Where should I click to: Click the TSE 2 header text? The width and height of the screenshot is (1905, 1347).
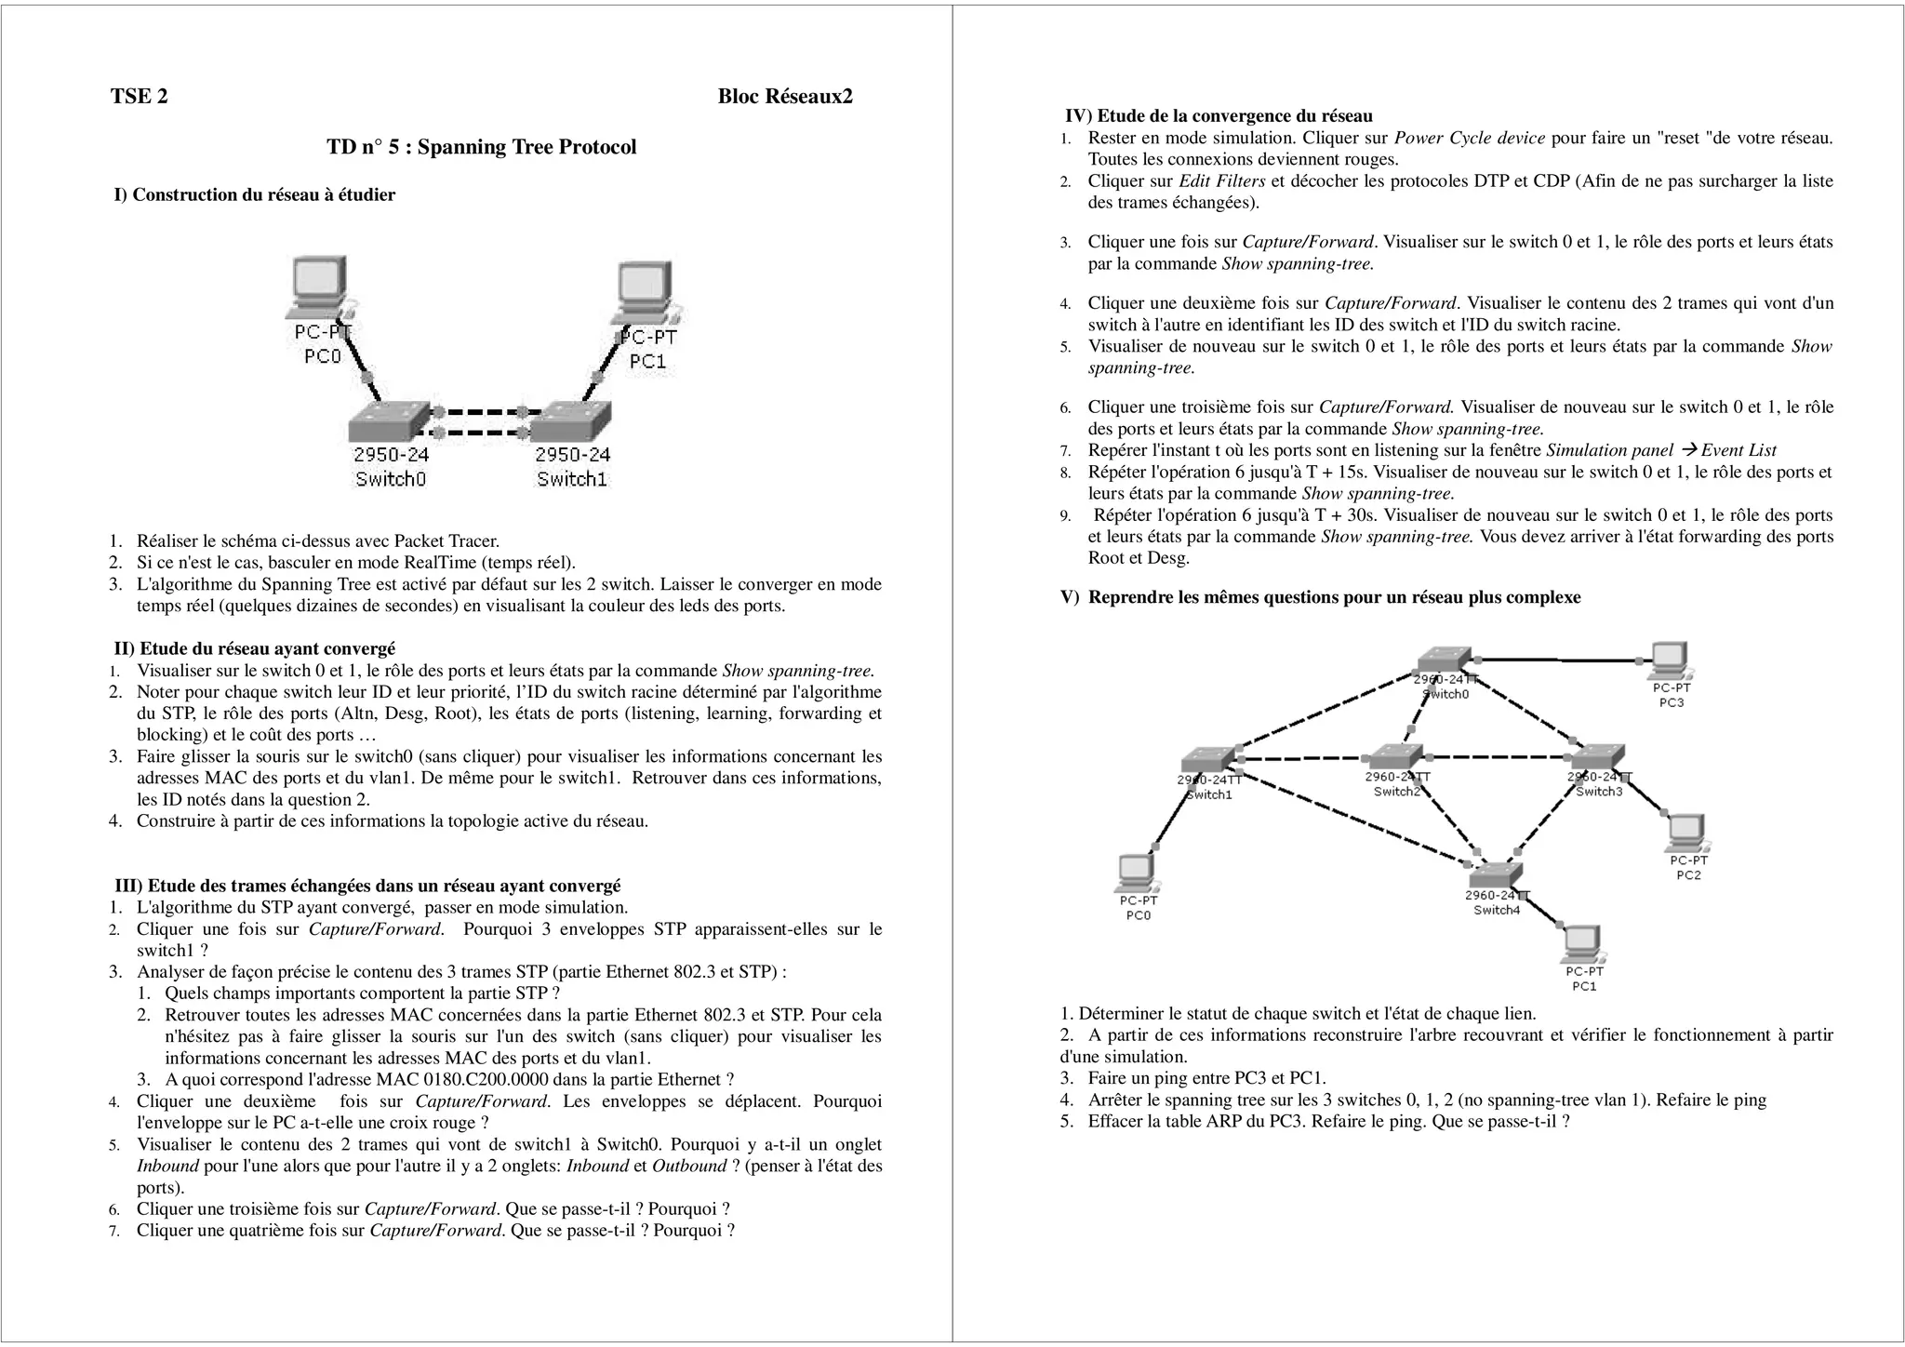[x=140, y=97]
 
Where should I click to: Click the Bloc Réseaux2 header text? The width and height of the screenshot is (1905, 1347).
[x=784, y=97]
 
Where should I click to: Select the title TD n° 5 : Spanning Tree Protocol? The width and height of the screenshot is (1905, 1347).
[x=481, y=147]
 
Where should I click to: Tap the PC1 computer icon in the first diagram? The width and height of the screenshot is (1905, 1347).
[x=645, y=292]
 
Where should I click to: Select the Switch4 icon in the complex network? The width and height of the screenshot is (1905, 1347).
[x=1495, y=874]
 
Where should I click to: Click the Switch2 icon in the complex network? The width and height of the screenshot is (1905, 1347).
[x=1395, y=756]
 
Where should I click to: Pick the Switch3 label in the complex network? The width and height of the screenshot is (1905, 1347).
[x=1599, y=792]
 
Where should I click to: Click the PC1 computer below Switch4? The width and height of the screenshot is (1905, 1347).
[x=1582, y=944]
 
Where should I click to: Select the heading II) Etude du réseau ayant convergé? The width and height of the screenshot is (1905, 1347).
[x=254, y=648]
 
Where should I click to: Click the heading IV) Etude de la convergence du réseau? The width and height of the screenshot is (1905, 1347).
[x=1219, y=116]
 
